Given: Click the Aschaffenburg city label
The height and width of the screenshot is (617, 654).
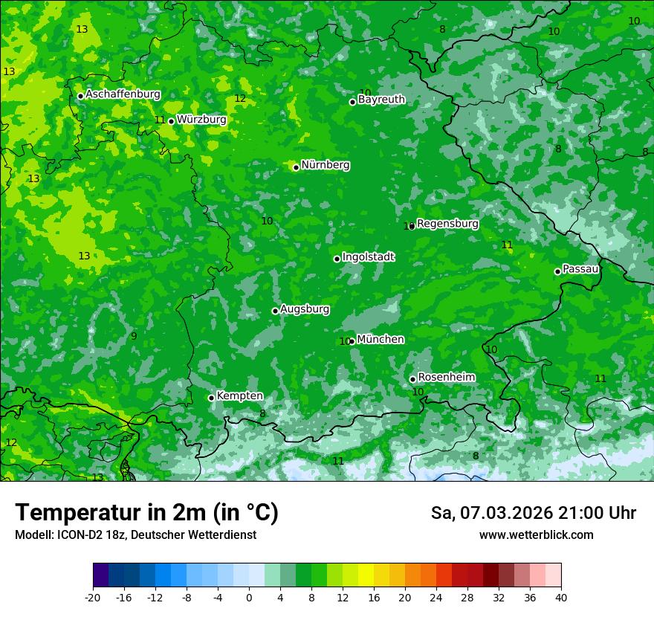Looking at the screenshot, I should click(123, 94).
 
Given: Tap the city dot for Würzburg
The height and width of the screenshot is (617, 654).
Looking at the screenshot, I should click(171, 121).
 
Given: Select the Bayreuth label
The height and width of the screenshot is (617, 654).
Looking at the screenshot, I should click(381, 100).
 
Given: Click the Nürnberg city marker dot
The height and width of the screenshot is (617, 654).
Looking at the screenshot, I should click(296, 167).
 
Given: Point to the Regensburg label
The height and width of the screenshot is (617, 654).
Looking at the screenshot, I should click(447, 224).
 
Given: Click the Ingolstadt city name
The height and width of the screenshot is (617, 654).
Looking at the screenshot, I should click(368, 257).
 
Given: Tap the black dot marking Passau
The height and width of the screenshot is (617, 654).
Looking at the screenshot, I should click(557, 271).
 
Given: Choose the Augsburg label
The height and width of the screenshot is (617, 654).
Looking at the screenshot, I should click(305, 309).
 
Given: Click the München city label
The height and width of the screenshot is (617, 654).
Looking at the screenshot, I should click(381, 340).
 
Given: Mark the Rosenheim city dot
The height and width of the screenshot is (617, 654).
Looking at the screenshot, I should click(412, 379).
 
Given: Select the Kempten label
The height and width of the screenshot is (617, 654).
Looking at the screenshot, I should click(239, 396).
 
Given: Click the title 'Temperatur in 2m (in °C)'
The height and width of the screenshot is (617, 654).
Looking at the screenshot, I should click(146, 513).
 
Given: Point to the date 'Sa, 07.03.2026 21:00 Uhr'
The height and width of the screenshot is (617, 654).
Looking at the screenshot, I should click(533, 513).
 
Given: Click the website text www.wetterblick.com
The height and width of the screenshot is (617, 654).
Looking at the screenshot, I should click(536, 535).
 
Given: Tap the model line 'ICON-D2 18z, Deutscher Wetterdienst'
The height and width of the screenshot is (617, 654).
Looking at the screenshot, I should click(135, 535).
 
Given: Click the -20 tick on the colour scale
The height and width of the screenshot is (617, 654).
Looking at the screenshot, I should click(93, 597).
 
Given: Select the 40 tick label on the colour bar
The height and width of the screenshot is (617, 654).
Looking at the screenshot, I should click(561, 597).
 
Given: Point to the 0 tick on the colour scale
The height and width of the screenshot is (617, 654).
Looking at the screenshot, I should click(249, 597).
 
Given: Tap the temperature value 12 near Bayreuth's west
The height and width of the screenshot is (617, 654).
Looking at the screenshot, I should click(240, 99).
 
